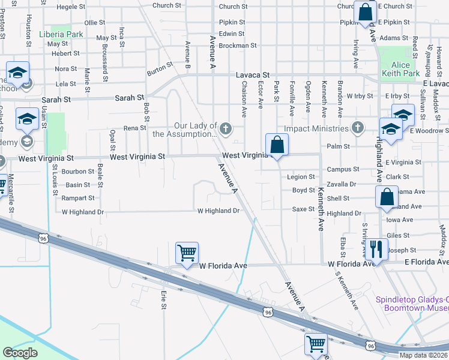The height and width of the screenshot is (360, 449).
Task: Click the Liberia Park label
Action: (61, 34)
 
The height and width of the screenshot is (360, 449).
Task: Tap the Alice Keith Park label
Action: (397, 69)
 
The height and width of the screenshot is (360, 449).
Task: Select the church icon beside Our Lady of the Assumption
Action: (226, 128)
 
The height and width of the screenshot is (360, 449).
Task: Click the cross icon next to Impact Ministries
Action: (358, 128)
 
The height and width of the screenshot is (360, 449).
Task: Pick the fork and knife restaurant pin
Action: (376, 248)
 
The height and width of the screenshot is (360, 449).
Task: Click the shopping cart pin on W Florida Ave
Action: (187, 254)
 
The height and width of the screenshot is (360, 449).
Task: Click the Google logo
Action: (20, 353)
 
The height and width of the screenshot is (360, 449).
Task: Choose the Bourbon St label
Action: (78, 172)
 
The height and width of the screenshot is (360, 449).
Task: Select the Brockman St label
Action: (238, 45)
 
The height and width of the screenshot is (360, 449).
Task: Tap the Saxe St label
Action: (303, 209)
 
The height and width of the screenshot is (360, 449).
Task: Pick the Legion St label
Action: (301, 177)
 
